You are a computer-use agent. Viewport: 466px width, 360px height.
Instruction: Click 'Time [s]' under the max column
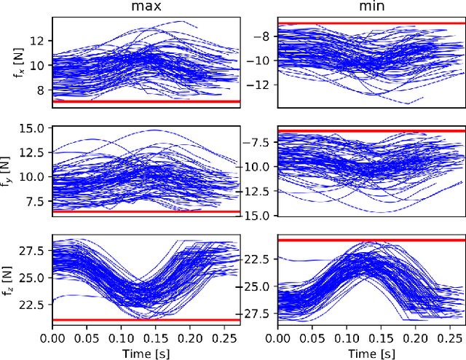point(146,353)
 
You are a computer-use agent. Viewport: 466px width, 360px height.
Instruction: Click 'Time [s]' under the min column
point(371,353)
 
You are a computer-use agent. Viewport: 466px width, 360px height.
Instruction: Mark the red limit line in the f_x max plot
point(146,101)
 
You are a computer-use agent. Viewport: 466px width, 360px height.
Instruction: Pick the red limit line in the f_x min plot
point(371,23)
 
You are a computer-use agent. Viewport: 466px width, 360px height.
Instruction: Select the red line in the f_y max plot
point(146,211)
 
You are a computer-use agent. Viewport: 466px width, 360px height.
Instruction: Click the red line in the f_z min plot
point(371,240)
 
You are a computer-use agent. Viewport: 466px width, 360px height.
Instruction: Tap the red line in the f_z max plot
point(146,320)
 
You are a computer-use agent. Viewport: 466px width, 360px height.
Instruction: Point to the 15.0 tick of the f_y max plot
point(35,128)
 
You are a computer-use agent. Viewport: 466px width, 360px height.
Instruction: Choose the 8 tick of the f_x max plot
point(42,90)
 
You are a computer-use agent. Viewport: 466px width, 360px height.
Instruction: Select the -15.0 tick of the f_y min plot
point(258,215)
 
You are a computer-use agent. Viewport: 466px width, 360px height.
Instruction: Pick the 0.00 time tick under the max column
point(52,338)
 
